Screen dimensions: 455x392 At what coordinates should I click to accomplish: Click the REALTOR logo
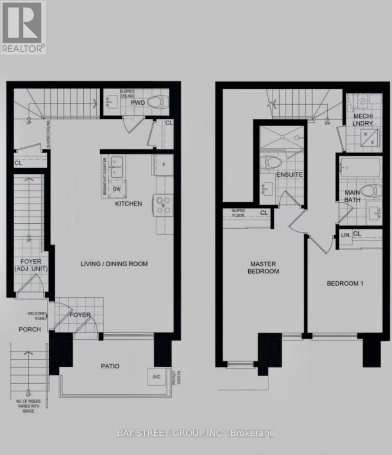point(23,27)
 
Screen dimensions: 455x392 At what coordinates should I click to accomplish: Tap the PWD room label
point(136,103)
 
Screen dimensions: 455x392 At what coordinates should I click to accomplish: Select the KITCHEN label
point(129,204)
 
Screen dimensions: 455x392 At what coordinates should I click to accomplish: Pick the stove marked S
point(163,205)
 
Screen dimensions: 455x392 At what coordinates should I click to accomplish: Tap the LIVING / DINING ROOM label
point(114,264)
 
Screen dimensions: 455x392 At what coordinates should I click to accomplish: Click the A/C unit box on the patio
point(156,377)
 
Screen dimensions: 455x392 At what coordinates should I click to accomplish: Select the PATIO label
point(110,366)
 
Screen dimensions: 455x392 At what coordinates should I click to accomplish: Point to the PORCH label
point(30,329)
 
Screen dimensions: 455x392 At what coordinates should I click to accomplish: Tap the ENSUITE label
point(289,175)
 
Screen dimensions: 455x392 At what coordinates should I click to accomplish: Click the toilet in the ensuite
point(272,162)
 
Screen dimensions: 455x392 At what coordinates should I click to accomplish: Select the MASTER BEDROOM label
point(263,268)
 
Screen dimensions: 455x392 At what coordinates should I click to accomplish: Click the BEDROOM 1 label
point(345,283)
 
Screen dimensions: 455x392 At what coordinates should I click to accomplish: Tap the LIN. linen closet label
point(346,235)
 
